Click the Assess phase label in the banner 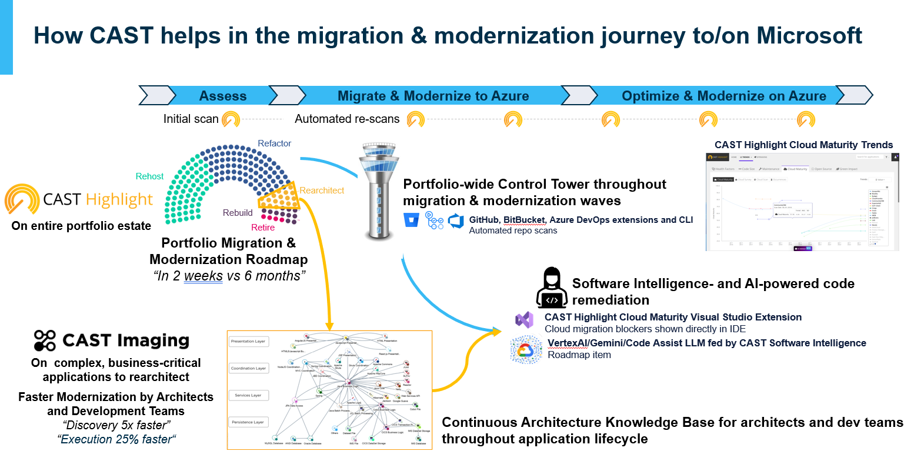[x=222, y=96]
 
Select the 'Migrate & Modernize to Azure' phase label [x=433, y=96]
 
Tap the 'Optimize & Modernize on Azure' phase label [x=723, y=96]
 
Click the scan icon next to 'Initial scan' [x=231, y=119]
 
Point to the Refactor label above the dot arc [x=274, y=143]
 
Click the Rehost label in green [x=149, y=176]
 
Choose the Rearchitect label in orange [x=322, y=191]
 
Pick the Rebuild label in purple [x=238, y=213]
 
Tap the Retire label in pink [x=263, y=228]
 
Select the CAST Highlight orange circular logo [x=22, y=200]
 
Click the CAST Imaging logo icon [x=45, y=340]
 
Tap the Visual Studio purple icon [x=524, y=321]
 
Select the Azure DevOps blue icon [x=456, y=221]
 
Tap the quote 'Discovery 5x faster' [x=116, y=425]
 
